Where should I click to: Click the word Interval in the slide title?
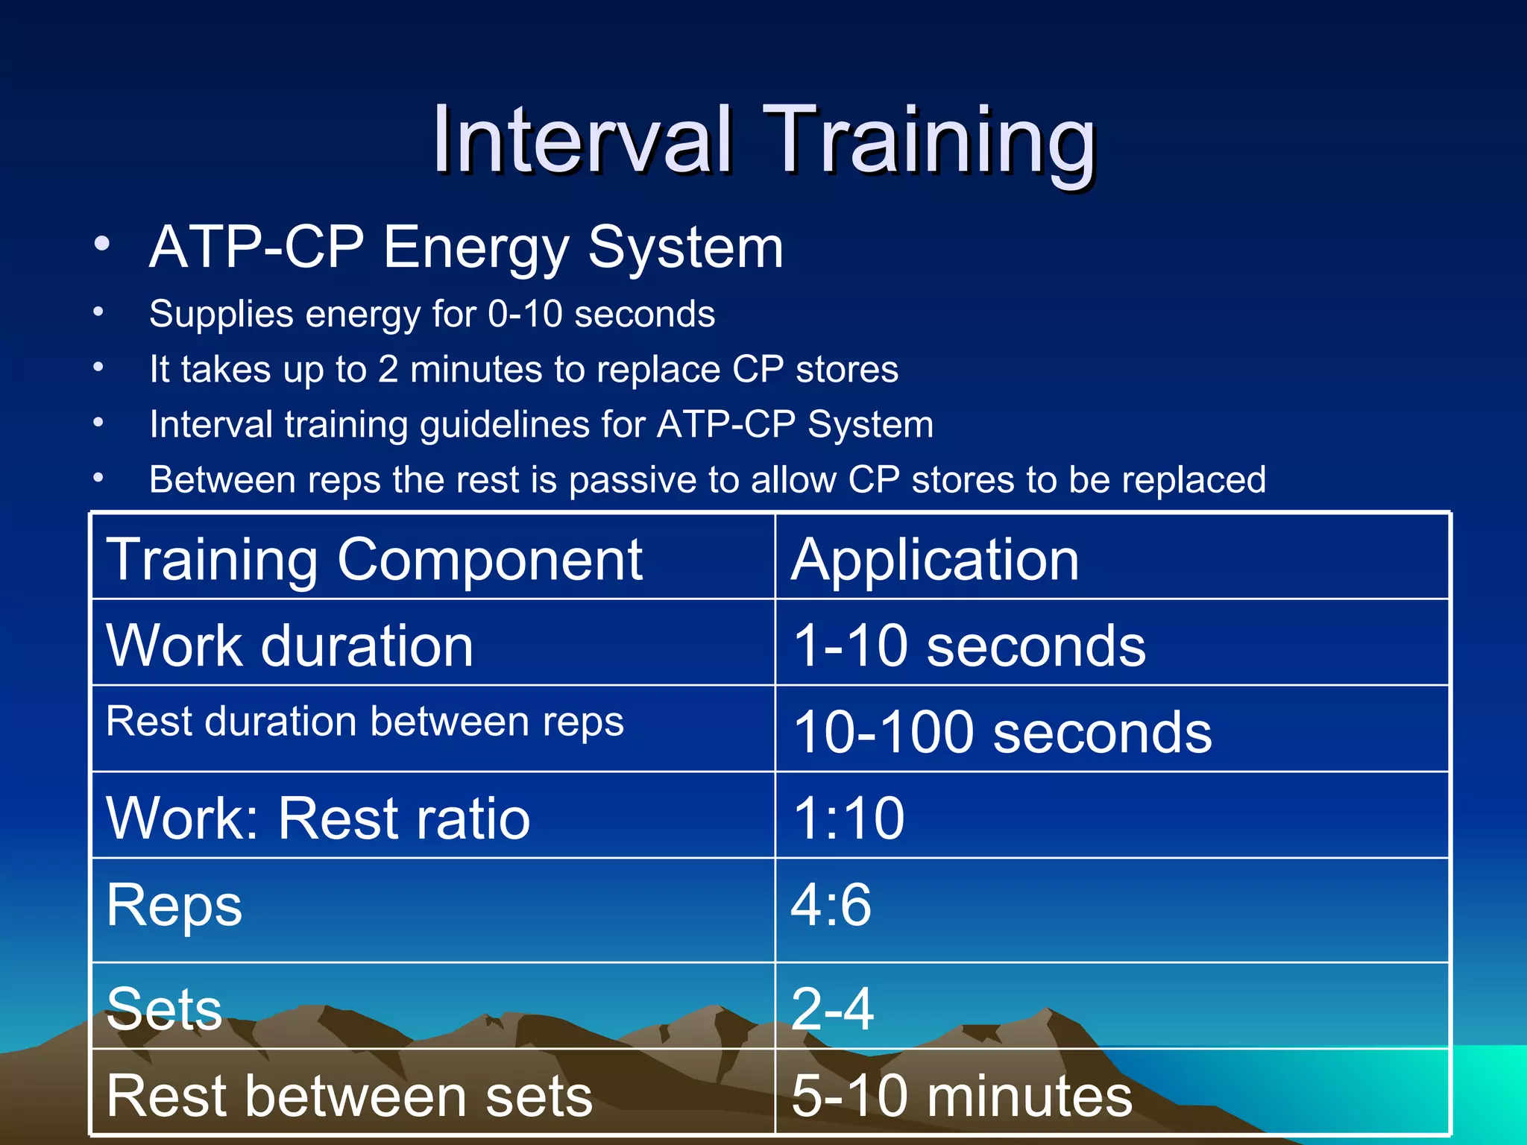(582, 139)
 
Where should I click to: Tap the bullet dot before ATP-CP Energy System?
(102, 244)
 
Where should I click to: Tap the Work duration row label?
(290, 645)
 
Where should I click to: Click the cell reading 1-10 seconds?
(969, 645)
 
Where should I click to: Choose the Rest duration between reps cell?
(365, 722)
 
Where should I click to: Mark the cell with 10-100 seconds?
(1002, 731)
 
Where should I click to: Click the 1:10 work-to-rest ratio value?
(848, 818)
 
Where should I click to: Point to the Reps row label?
(174, 905)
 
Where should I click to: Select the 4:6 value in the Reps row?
(831, 905)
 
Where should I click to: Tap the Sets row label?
(164, 1009)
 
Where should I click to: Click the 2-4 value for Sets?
(832, 1009)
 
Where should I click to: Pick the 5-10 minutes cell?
(961, 1095)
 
